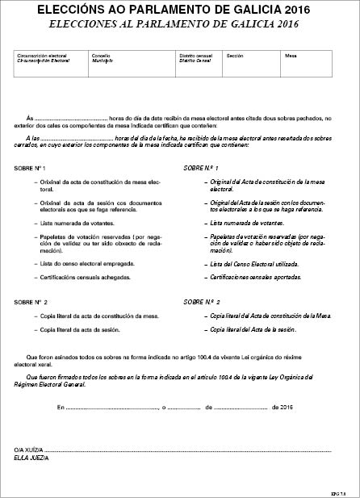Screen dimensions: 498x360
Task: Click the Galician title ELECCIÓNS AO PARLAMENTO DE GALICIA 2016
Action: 180,10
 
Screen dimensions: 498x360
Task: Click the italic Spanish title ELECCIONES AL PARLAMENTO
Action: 180,24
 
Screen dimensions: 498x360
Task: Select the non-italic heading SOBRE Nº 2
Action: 31,301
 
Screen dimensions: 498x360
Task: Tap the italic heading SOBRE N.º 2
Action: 202,301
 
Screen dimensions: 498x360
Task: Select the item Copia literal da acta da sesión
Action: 85,329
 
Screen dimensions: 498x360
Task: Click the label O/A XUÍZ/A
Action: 28,448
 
